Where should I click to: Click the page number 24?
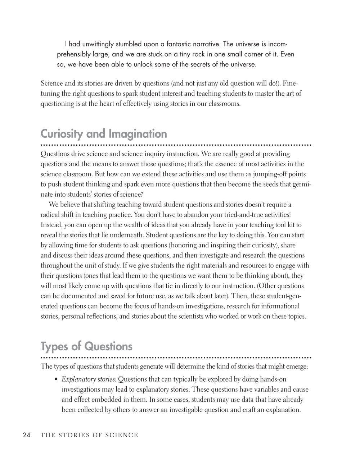click(x=26, y=435)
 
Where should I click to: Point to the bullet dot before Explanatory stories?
click(x=56, y=380)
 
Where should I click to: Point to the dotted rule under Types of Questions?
click(x=176, y=358)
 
